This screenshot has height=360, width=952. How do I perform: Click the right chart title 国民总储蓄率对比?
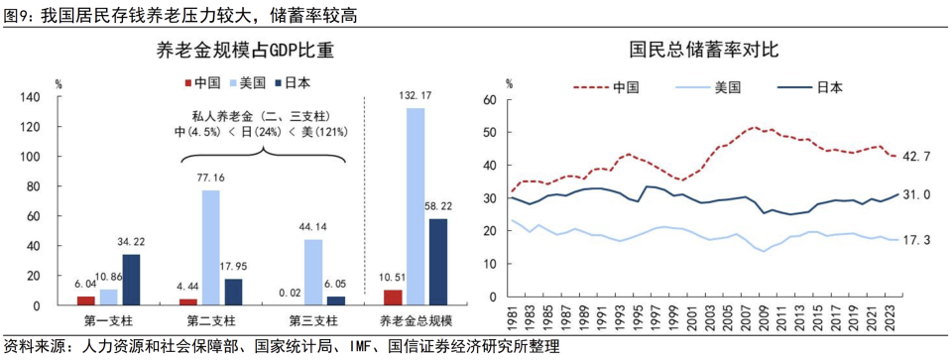tap(692, 49)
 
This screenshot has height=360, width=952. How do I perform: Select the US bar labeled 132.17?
tap(416, 205)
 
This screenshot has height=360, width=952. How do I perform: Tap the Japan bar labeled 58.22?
tap(437, 261)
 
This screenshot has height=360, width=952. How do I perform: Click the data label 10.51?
tap(393, 281)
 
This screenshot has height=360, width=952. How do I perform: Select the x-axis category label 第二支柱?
tap(211, 319)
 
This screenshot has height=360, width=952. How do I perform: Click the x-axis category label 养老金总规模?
tap(416, 319)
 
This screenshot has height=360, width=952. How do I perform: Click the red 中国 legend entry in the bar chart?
tap(200, 83)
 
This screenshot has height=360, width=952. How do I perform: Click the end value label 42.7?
tap(916, 156)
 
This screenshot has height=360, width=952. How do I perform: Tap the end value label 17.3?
tap(916, 240)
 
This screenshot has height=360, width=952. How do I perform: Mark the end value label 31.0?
tap(916, 195)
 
